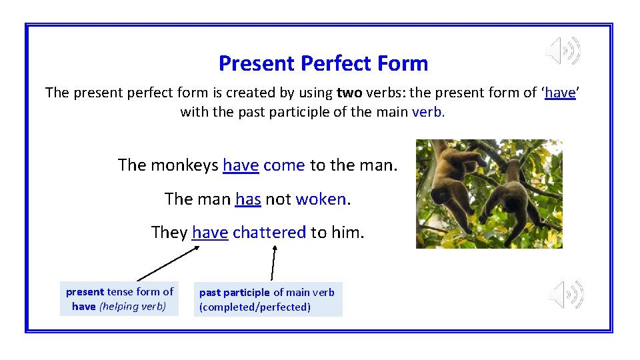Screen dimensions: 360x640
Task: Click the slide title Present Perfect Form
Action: [323, 63]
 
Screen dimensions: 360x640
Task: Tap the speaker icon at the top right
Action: [563, 51]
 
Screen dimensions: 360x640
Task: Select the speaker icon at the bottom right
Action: [566, 295]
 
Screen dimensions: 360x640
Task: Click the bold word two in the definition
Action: [349, 93]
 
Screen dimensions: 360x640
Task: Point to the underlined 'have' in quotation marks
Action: [560, 93]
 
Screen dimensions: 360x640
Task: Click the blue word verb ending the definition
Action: [427, 112]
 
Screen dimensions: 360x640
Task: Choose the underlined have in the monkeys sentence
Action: [241, 165]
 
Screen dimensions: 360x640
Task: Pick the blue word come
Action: [284, 165]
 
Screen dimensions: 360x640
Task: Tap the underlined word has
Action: [248, 199]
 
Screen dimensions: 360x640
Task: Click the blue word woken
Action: [321, 199]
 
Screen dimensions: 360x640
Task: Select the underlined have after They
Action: [210, 232]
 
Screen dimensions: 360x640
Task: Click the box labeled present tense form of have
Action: [119, 299]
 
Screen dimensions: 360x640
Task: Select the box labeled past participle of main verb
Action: [267, 299]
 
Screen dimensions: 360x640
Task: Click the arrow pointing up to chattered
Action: [273, 263]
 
